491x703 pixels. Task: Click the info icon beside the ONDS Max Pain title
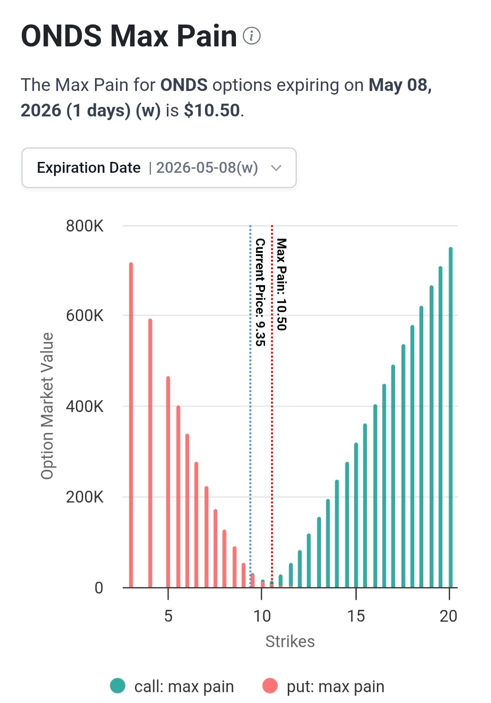[251, 36]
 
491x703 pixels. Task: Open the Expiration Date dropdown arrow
[276, 168]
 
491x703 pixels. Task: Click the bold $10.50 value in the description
[212, 110]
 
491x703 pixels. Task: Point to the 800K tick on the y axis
[85, 226]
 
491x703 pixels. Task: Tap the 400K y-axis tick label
[85, 407]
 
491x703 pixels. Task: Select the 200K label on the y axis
[85, 497]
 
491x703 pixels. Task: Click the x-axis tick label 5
[168, 616]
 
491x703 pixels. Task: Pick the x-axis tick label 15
[356, 616]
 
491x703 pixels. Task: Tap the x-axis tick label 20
[449, 616]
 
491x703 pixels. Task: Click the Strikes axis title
[290, 642]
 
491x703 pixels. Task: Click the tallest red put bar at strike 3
[131, 425]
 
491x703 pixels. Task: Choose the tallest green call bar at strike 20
[451, 417]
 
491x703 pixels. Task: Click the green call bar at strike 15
[356, 515]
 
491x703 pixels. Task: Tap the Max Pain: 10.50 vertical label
[281, 284]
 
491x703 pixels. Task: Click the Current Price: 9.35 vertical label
[261, 292]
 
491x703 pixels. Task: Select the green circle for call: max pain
[118, 686]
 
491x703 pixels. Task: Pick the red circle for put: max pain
[270, 686]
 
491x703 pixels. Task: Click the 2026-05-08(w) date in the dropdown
[207, 168]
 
